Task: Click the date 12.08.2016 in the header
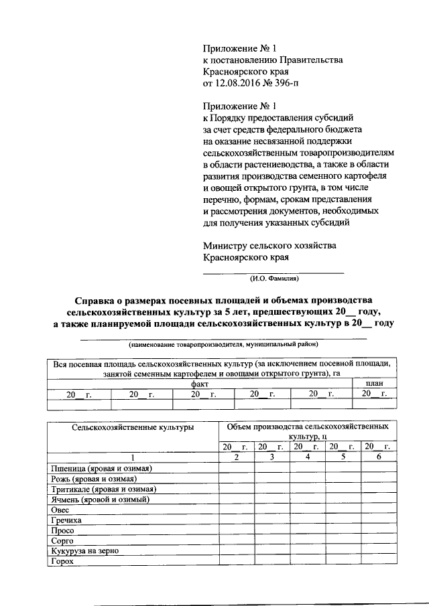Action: tap(239, 84)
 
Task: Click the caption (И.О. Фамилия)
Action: tap(273, 278)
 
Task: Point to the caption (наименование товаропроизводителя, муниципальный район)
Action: tap(223, 344)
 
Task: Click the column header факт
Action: tap(199, 384)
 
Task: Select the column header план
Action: tap(373, 384)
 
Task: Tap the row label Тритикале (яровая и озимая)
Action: tap(104, 489)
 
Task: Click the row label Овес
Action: tap(60, 510)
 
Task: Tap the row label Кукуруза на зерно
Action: tap(84, 551)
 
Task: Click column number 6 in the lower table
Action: tap(378, 457)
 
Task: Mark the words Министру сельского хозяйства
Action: tap(269, 246)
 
